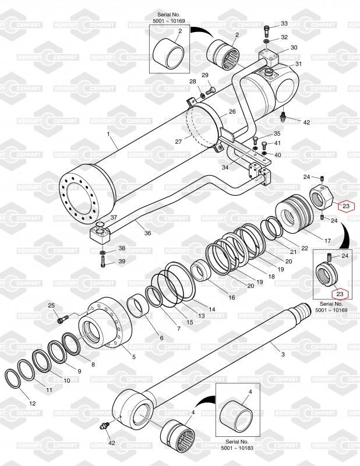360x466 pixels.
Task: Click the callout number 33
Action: coord(284,23)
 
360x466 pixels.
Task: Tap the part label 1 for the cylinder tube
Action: coord(108,134)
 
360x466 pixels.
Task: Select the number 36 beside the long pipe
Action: coord(147,233)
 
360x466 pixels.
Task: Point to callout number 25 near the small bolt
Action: coord(51,306)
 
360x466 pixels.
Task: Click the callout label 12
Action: coord(32,403)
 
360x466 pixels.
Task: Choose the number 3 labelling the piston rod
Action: coord(283,354)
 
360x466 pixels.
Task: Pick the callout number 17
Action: coord(327,240)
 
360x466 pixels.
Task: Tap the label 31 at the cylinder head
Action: coord(298,63)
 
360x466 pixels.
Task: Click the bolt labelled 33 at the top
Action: coord(266,27)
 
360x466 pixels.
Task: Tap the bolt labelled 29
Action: coord(210,90)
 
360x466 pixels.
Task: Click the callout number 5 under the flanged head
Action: coord(134,356)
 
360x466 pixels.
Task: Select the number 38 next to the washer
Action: coord(122,248)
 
